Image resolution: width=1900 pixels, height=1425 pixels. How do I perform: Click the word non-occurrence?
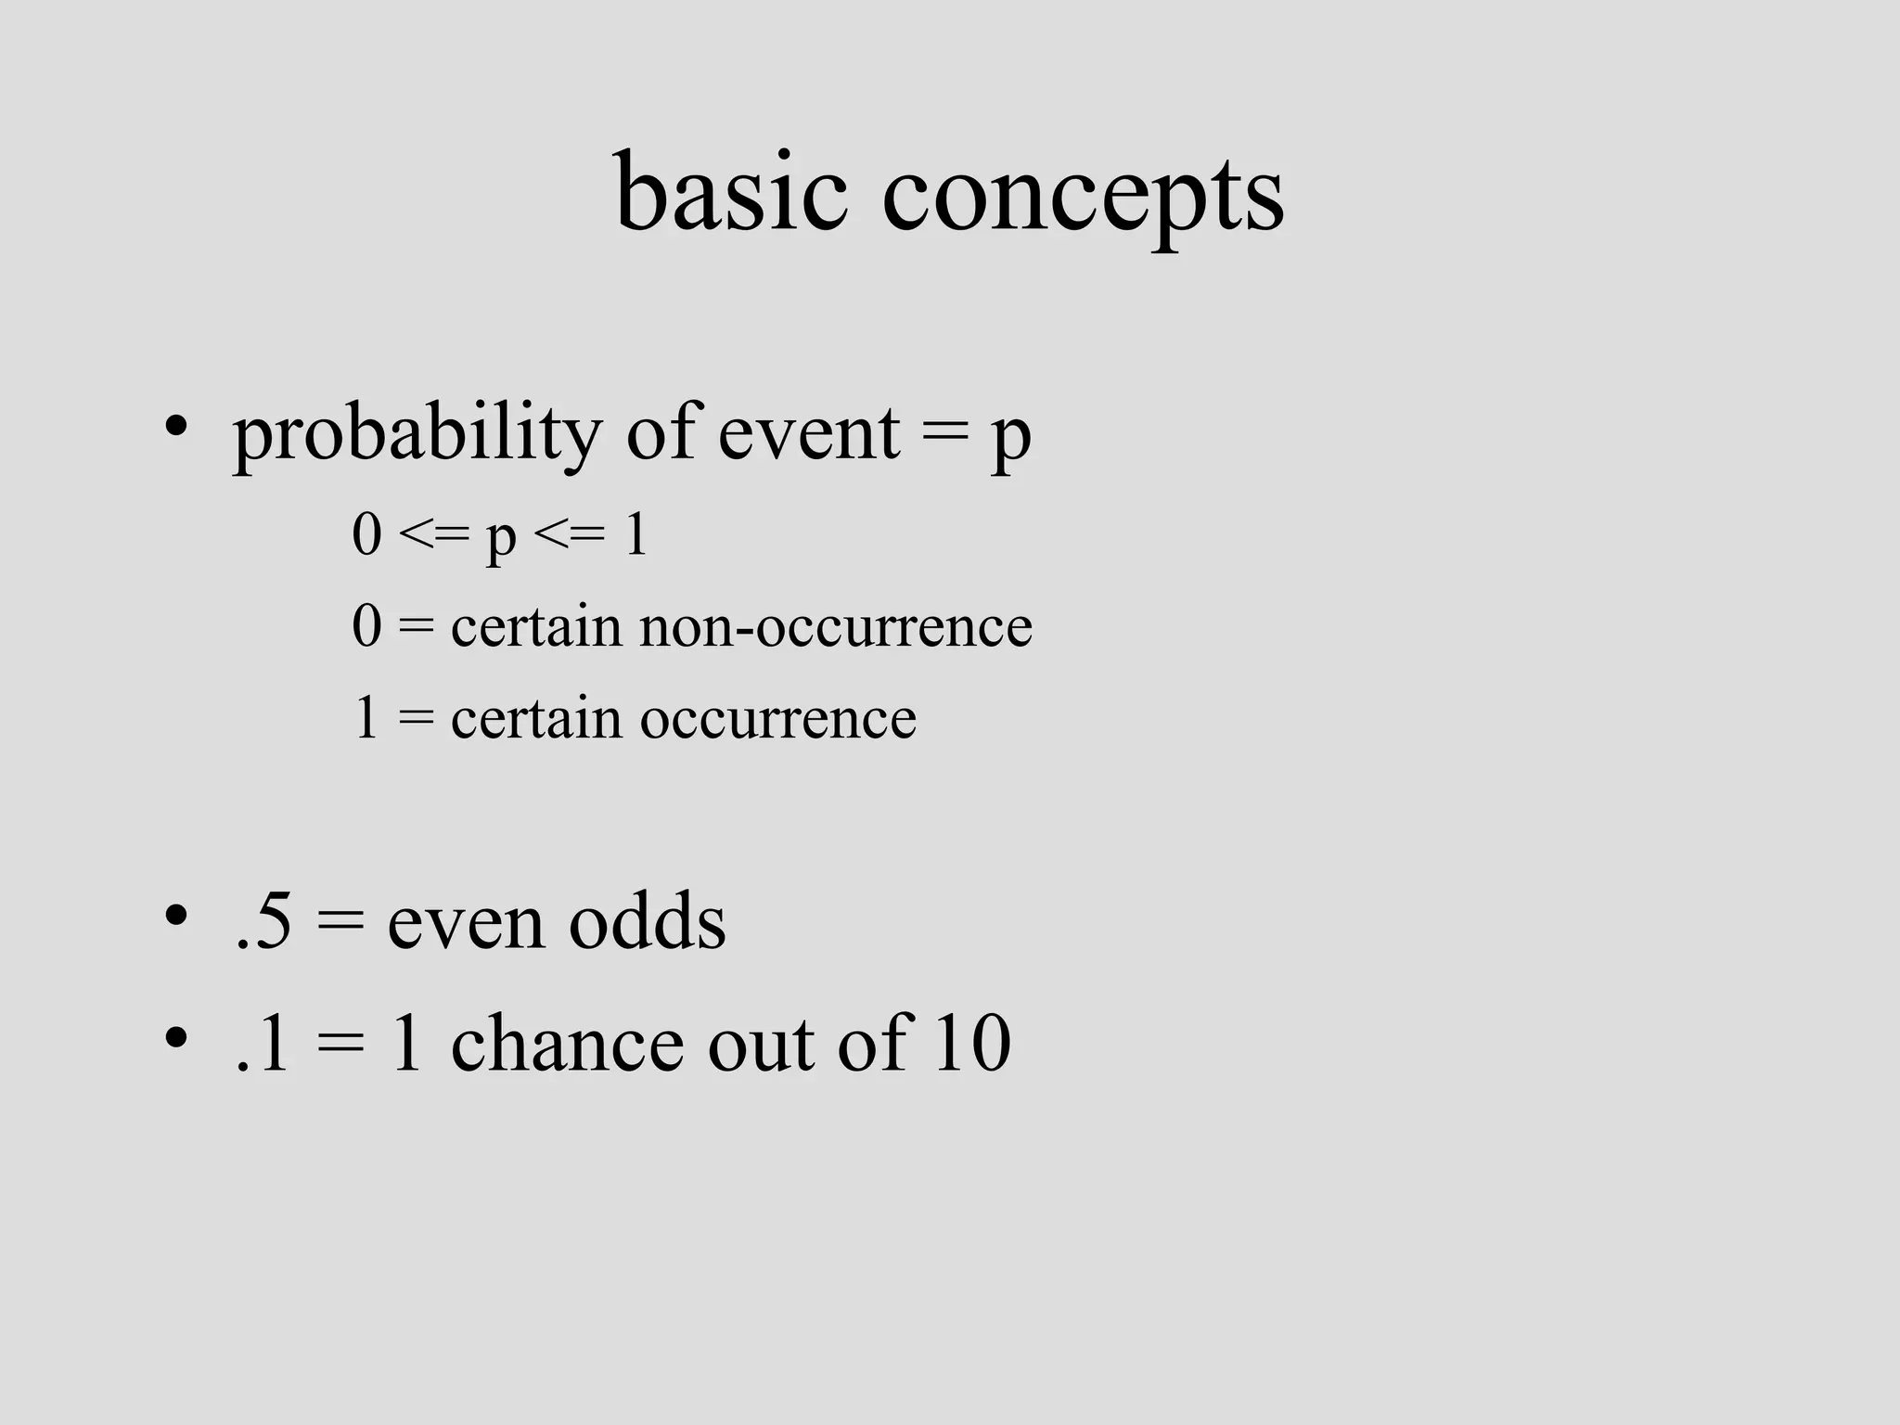pos(835,626)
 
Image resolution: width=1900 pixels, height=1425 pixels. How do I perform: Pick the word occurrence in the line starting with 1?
pos(777,718)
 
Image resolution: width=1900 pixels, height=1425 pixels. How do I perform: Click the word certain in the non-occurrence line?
pos(536,626)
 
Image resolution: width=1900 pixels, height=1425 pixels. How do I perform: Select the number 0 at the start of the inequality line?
pos(367,535)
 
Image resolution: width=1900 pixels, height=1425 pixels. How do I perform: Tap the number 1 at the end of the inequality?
pos(635,535)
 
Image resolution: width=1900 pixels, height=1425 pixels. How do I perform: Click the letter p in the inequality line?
pos(501,540)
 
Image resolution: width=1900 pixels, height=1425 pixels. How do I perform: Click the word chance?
pos(567,1044)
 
